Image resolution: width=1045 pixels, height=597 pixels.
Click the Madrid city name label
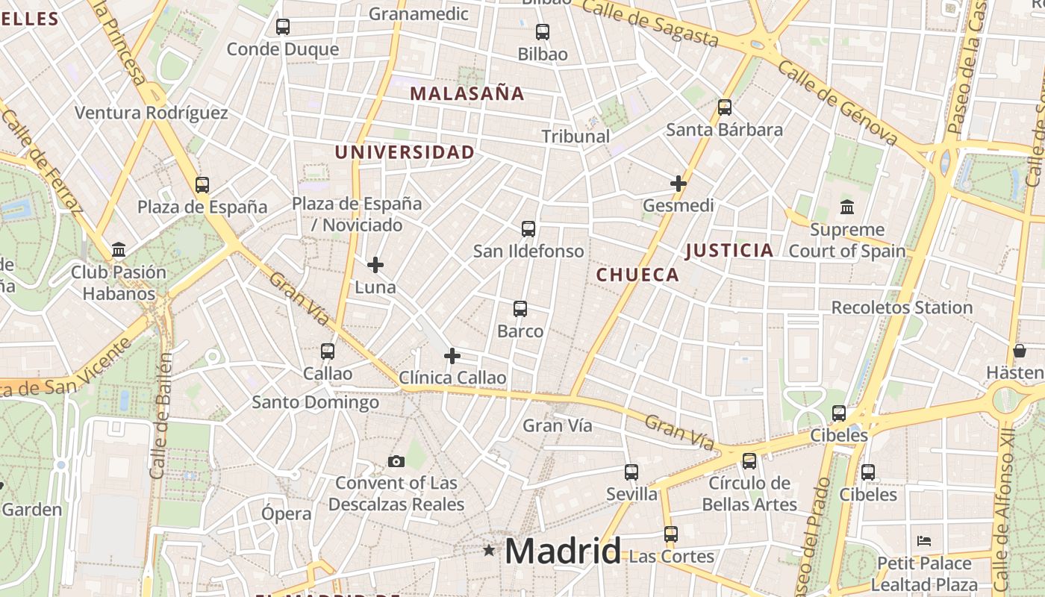tap(563, 551)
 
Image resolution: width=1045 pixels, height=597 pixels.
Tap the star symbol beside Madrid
tap(489, 551)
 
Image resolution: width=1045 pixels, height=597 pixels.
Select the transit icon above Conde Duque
tap(283, 27)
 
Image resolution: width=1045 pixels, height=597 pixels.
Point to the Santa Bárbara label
tap(724, 129)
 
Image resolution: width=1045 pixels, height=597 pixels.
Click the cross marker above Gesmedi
tap(678, 183)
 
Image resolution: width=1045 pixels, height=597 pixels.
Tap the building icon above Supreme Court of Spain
tap(847, 207)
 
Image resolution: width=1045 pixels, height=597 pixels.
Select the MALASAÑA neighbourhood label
tap(467, 94)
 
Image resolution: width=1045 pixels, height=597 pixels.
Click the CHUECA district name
tap(637, 275)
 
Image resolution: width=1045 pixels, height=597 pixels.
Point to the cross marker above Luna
tap(375, 265)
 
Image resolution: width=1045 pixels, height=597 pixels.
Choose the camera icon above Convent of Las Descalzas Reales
tap(396, 461)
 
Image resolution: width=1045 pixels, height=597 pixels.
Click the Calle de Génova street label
tap(837, 103)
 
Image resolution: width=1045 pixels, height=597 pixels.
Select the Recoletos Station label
tap(902, 307)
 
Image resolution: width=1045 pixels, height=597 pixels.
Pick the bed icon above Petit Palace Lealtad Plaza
tap(924, 540)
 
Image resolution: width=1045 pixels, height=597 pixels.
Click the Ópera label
tap(287, 513)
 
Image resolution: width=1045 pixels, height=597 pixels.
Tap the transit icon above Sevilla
tap(631, 472)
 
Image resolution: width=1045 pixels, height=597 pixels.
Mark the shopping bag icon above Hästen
tap(1020, 350)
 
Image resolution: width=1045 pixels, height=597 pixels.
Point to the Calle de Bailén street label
tap(160, 416)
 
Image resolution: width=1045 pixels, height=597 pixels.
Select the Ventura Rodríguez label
tap(152, 113)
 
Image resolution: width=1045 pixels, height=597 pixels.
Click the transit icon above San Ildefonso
tap(528, 228)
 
